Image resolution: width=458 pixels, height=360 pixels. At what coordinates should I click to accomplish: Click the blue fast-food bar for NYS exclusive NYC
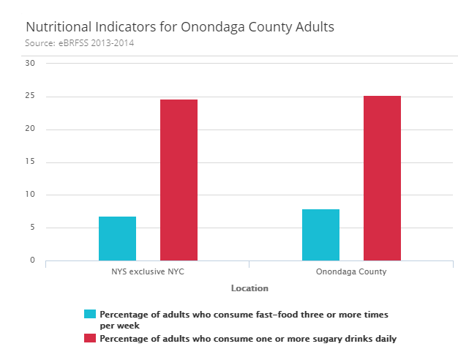tap(117, 239)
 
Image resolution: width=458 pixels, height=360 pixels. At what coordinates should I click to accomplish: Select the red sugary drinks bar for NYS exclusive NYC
tap(179, 180)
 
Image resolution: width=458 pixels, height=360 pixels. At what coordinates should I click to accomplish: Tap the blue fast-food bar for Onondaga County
tap(320, 235)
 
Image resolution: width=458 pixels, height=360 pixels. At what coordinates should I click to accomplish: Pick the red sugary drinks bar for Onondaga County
tap(382, 178)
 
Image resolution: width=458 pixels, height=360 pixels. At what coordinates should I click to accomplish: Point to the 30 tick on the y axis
tap(30, 63)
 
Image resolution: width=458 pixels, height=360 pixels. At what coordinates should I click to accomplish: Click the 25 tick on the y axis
tap(30, 97)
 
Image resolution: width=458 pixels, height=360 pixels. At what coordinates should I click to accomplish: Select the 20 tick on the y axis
tap(30, 130)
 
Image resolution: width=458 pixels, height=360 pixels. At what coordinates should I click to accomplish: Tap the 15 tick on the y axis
tap(30, 162)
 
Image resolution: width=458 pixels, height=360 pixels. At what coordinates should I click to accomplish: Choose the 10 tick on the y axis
tap(30, 195)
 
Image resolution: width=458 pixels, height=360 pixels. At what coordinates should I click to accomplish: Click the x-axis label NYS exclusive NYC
tap(147, 272)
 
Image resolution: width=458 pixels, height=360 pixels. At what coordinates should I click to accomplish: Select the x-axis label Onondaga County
tap(351, 272)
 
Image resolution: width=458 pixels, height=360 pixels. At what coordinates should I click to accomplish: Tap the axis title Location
tap(249, 288)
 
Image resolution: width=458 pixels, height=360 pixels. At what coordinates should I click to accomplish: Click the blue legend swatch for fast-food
tap(90, 314)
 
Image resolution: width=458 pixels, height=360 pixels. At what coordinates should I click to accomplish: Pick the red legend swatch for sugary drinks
tap(90, 338)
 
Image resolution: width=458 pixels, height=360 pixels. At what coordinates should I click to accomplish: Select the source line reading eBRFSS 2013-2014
tap(80, 43)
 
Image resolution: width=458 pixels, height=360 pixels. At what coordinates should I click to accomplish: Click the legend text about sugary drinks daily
tap(248, 339)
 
